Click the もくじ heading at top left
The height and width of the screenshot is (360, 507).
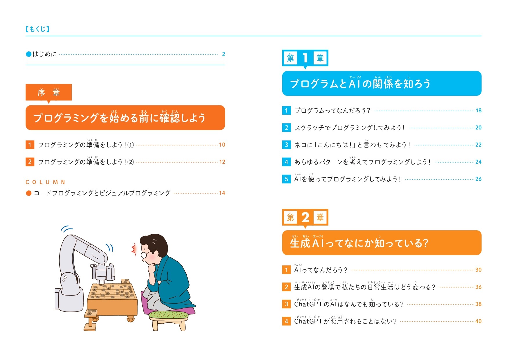(x=37, y=29)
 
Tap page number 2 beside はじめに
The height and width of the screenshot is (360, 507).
(x=223, y=54)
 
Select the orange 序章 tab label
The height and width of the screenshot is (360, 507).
(x=48, y=92)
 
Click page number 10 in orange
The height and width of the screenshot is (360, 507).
(x=222, y=145)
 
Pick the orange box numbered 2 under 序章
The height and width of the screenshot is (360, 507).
(x=30, y=162)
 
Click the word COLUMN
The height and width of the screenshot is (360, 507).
(x=45, y=182)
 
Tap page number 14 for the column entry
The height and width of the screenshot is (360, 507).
(x=222, y=193)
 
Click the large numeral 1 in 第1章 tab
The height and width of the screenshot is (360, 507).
(x=305, y=58)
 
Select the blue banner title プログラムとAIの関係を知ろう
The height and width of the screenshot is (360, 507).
(x=360, y=84)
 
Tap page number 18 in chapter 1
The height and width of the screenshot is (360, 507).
(x=478, y=110)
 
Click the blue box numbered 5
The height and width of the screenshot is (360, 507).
(x=286, y=179)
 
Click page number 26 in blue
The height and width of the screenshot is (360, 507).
(x=478, y=179)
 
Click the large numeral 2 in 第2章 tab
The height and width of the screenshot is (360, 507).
(x=305, y=217)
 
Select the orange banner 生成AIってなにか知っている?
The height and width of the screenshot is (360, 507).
(x=359, y=243)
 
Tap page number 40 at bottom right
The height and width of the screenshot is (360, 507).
(x=478, y=321)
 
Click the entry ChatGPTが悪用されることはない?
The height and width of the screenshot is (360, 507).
(x=345, y=321)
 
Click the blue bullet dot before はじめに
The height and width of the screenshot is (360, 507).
(x=28, y=54)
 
